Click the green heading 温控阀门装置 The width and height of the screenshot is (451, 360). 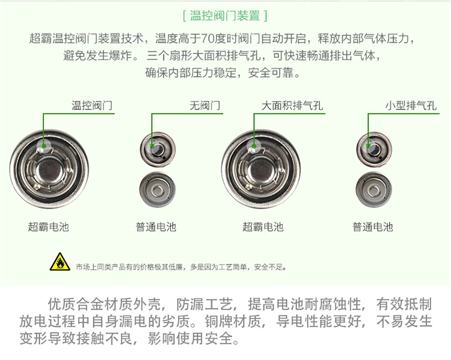(x=225, y=16)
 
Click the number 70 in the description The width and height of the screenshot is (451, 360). (x=207, y=38)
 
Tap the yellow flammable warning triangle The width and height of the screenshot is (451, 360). (x=60, y=262)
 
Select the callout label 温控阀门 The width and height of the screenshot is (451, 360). (x=92, y=106)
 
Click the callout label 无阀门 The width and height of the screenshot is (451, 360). (x=205, y=106)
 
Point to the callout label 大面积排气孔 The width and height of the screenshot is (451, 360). (x=292, y=106)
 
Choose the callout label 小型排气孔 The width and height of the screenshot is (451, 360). (x=411, y=106)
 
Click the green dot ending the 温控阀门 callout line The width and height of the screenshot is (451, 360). (x=44, y=146)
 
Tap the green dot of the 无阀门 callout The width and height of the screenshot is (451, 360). (x=152, y=146)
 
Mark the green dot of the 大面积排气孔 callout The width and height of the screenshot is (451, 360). (x=254, y=146)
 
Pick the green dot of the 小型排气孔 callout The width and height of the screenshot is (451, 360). (x=368, y=146)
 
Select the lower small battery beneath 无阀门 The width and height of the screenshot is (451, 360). (x=158, y=190)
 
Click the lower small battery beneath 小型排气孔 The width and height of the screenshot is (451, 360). (x=373, y=190)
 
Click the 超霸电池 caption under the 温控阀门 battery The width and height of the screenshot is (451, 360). (x=48, y=227)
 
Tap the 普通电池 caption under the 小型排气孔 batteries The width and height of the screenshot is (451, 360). (x=373, y=227)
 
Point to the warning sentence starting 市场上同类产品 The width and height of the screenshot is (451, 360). (x=181, y=267)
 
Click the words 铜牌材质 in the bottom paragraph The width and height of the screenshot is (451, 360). (x=232, y=321)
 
